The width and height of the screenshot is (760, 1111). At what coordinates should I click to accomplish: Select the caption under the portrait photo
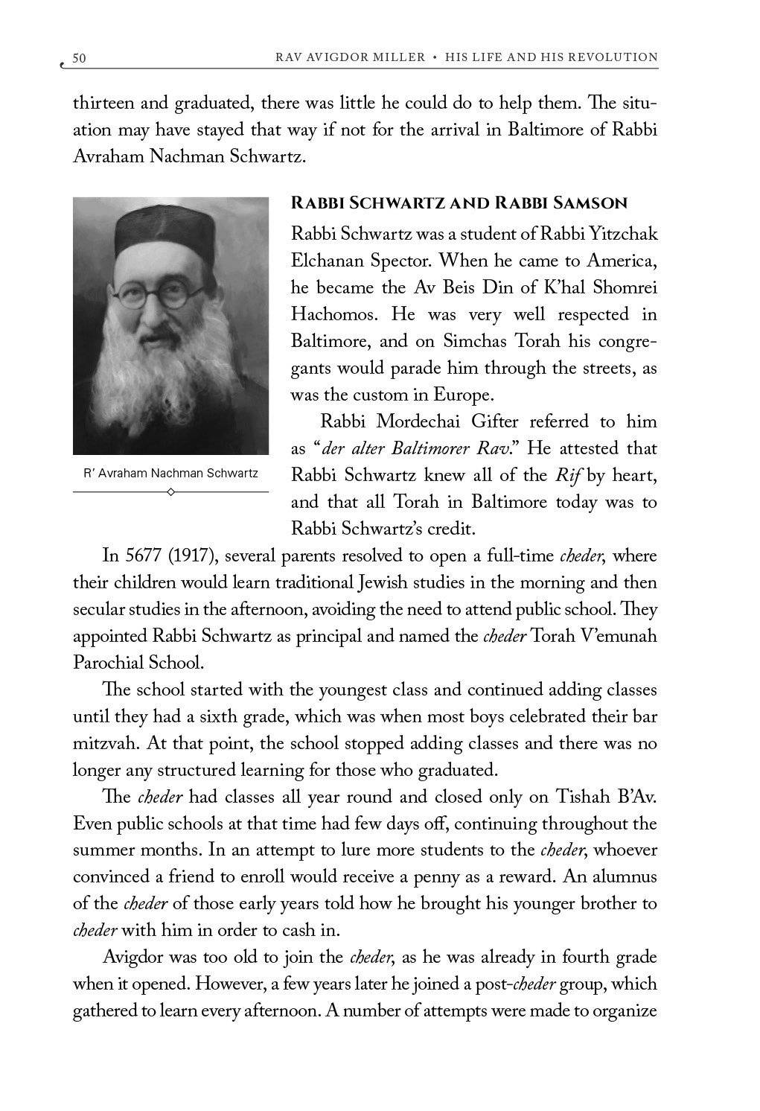point(170,474)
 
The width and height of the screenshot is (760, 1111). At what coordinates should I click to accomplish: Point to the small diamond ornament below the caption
point(171,492)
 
